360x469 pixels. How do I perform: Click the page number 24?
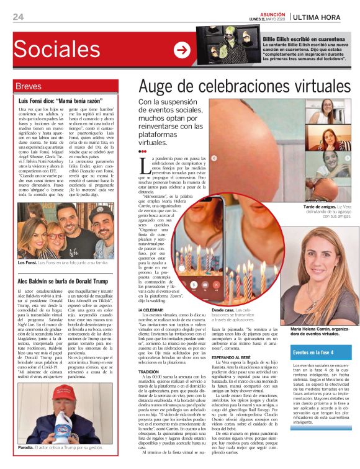pyautogui.click(x=18, y=17)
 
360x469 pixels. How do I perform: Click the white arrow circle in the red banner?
pyautogui.click(x=181, y=50)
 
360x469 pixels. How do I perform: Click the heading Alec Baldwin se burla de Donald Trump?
pyautogui.click(x=64, y=280)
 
